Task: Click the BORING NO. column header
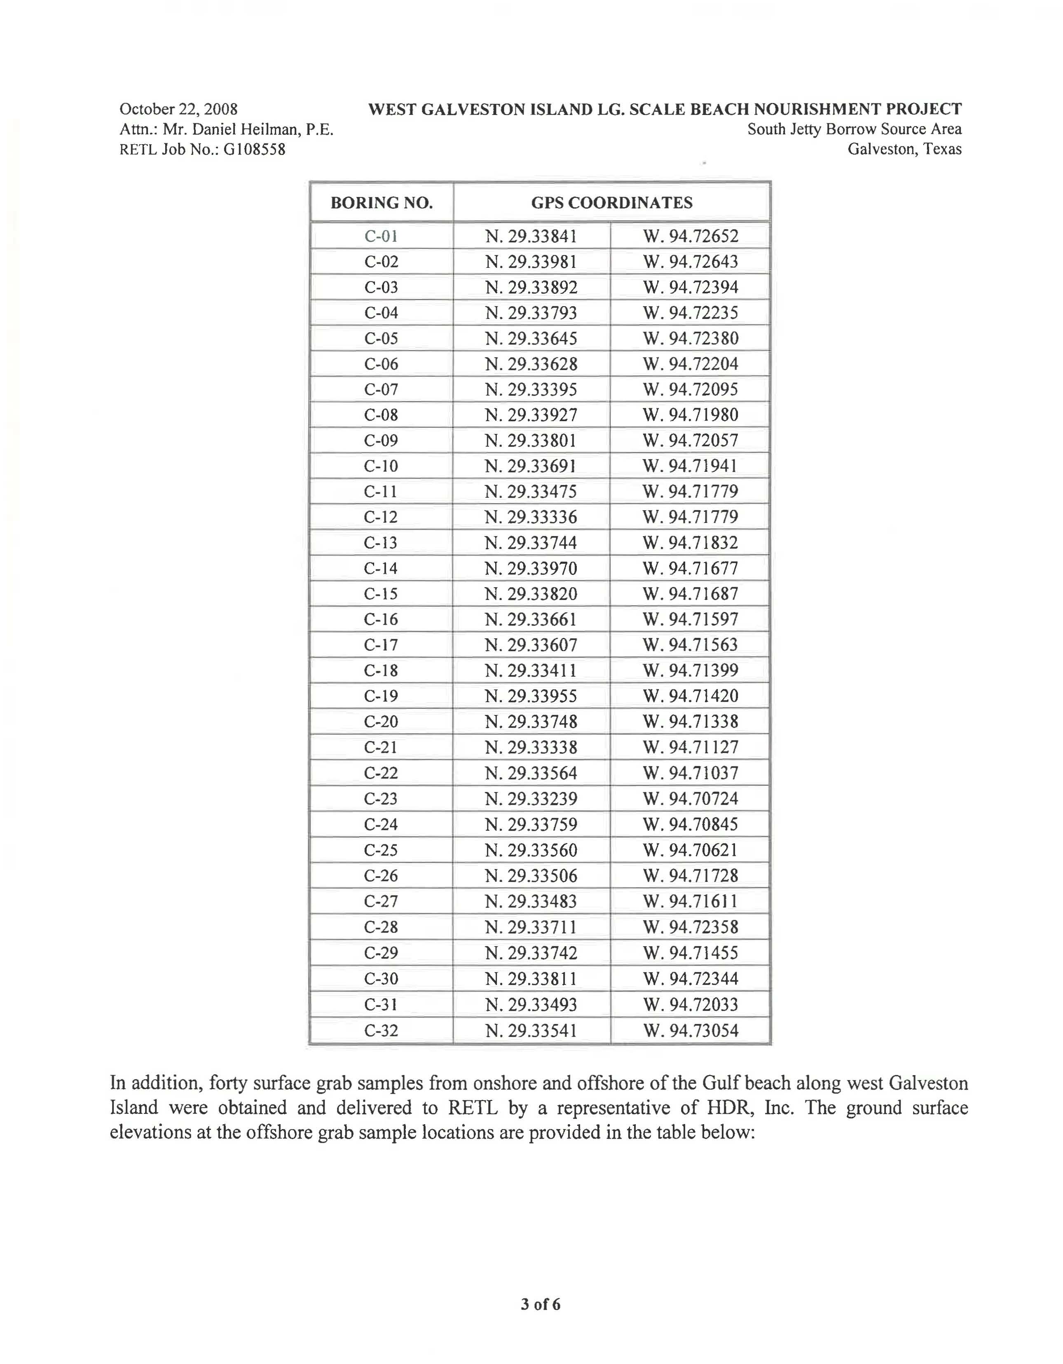381,203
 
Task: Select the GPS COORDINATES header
611,203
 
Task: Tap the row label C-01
381,236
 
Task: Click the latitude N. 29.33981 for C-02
531,262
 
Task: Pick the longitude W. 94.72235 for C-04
691,313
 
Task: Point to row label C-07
381,390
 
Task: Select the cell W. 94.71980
691,415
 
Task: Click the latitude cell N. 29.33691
531,466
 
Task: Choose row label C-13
381,543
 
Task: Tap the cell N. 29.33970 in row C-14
531,568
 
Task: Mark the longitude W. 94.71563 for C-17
691,645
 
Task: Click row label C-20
381,722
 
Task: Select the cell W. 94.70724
691,799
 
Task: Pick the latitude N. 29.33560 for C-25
531,850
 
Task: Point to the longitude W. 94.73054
691,1031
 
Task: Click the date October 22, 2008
179,109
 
